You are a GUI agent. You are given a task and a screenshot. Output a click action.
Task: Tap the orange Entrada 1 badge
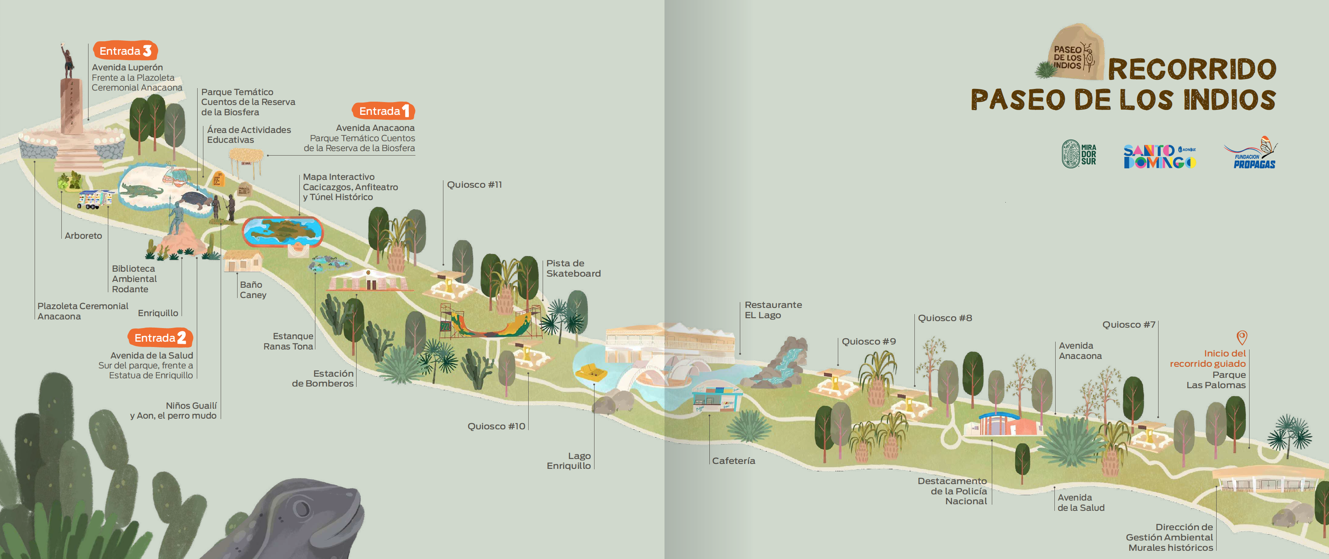383,111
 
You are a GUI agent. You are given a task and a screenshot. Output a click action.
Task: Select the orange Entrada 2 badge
160,338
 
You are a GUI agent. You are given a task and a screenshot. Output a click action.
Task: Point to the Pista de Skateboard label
573,268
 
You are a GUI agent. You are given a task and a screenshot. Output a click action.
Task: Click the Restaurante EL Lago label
773,310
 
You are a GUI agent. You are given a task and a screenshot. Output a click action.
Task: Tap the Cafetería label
733,461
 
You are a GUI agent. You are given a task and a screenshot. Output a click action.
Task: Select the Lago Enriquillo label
569,461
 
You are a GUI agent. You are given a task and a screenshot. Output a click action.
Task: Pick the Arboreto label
83,236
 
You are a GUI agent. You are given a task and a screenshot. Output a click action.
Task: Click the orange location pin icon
1242,337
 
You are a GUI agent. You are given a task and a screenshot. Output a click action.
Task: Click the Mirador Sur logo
1078,154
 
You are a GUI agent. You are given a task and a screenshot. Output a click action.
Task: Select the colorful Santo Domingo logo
1159,156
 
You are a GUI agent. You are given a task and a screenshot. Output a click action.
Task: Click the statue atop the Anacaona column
67,61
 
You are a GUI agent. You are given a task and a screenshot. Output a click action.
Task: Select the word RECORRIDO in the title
1192,69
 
